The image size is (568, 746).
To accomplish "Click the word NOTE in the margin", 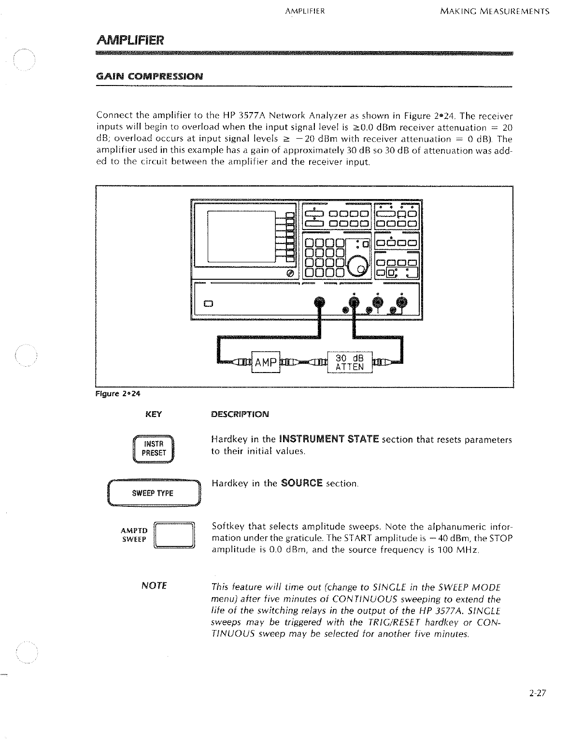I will click(154, 586).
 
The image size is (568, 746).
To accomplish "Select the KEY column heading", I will click(154, 415).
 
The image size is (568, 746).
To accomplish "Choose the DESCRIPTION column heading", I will click(240, 415).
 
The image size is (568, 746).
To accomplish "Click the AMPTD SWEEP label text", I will click(134, 535).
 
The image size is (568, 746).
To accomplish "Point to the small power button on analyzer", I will click(208, 304).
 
